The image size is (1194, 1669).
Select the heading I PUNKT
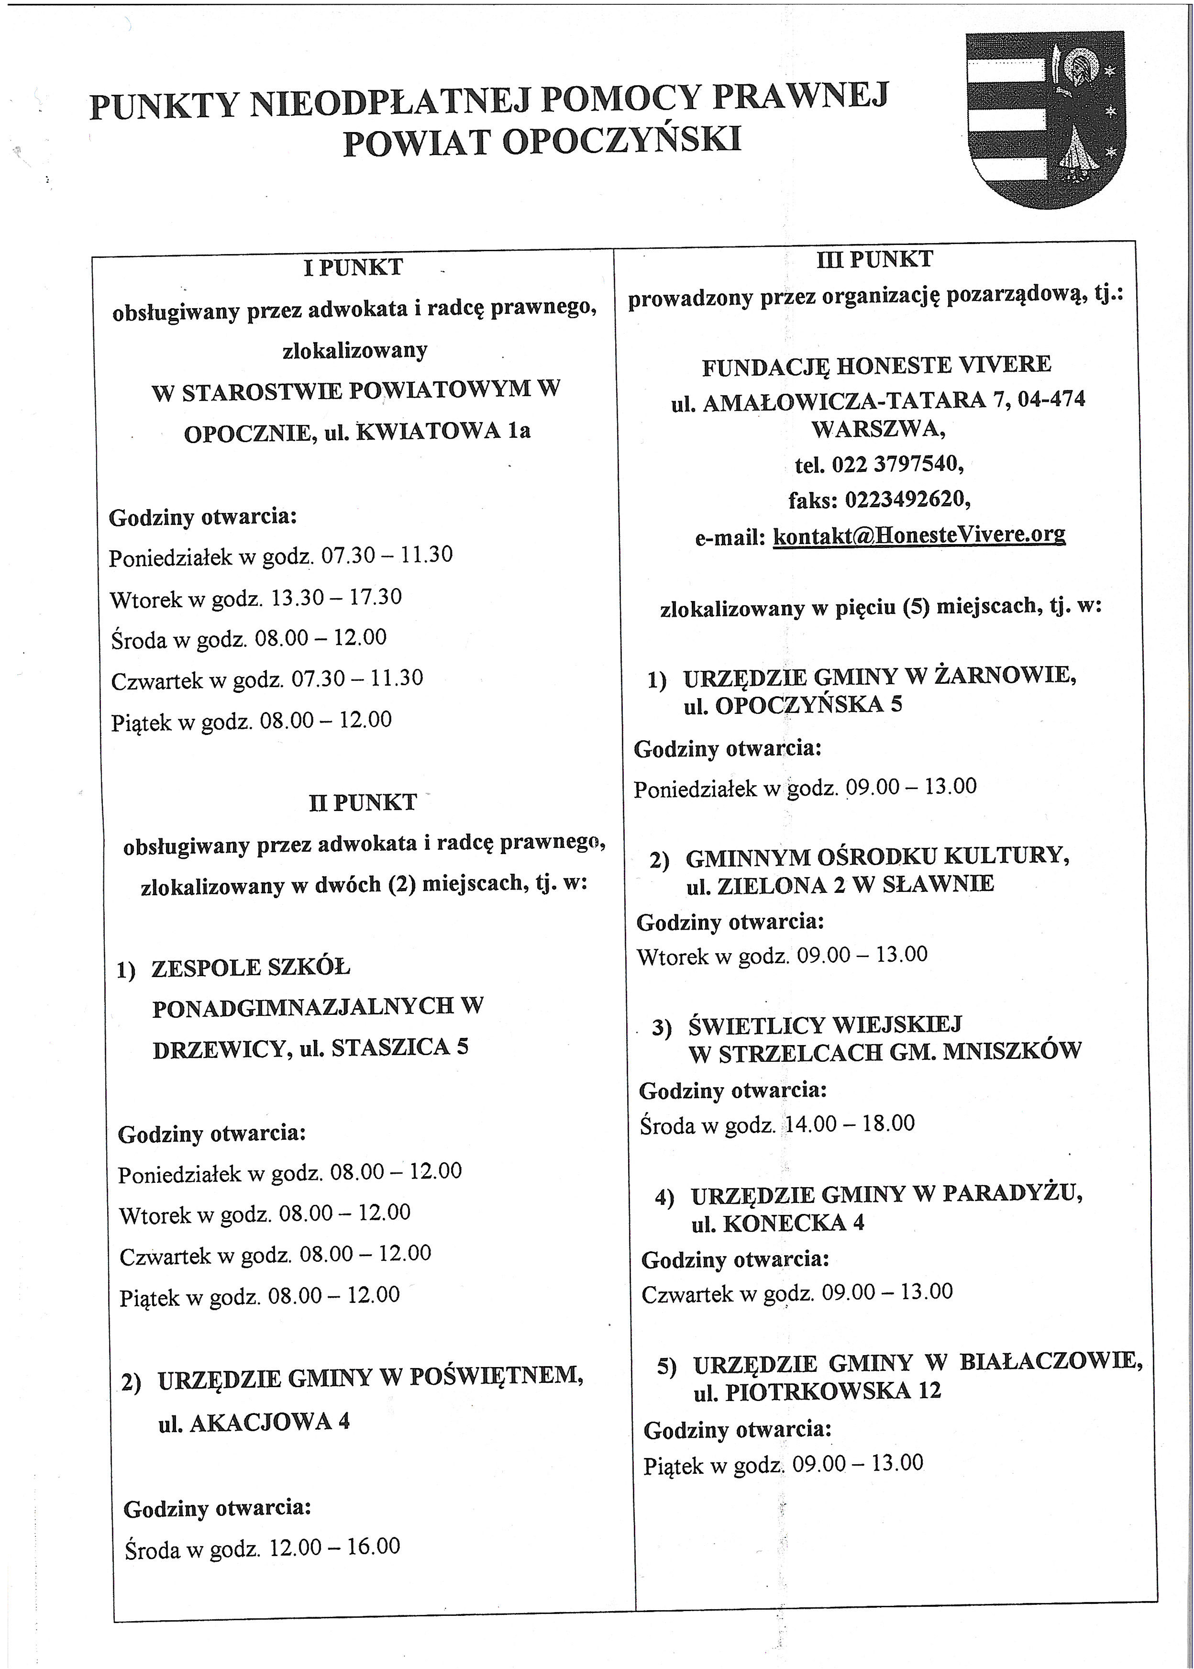coord(353,267)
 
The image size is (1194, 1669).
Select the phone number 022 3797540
coord(896,465)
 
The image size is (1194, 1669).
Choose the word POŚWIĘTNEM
coord(496,1376)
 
